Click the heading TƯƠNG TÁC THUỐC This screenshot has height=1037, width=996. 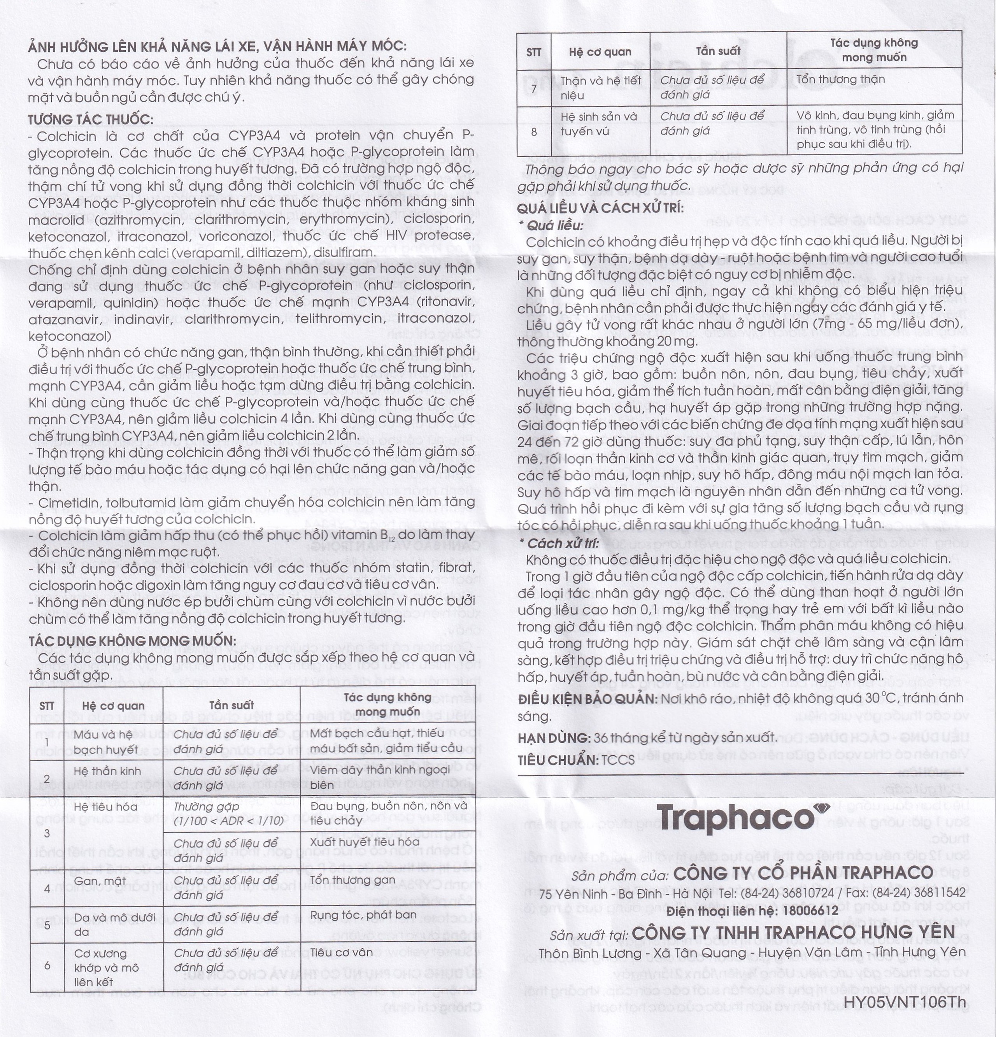point(90,119)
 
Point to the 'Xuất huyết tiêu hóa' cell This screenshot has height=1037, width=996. point(365,842)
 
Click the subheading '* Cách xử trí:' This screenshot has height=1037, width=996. point(559,543)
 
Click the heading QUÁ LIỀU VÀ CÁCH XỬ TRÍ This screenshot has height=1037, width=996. point(600,208)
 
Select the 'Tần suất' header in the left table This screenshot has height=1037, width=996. point(231,705)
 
